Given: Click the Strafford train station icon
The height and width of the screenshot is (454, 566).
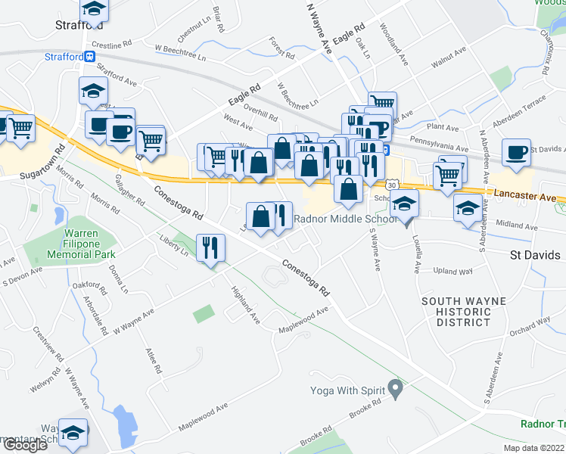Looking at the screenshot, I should [90, 56].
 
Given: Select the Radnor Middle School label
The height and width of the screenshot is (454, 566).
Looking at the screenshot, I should [344, 220].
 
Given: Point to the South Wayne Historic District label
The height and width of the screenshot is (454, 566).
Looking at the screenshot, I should [456, 312].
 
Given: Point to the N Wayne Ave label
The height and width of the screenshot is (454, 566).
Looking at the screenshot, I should [319, 26].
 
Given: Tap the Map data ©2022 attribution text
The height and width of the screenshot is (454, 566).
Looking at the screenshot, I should [533, 448].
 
